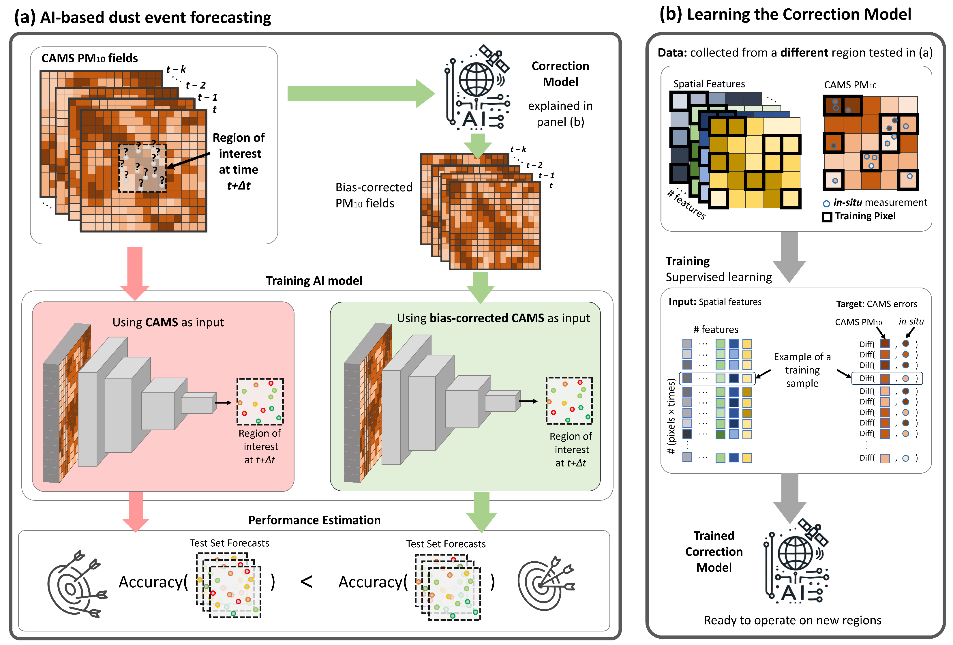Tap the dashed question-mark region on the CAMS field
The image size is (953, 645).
tap(142, 168)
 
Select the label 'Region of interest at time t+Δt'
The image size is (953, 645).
tap(239, 161)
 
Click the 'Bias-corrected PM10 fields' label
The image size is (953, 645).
tap(373, 195)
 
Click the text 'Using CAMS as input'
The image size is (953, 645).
tap(168, 322)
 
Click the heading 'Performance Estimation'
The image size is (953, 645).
tap(314, 520)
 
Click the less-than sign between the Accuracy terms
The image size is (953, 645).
tap(306, 582)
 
